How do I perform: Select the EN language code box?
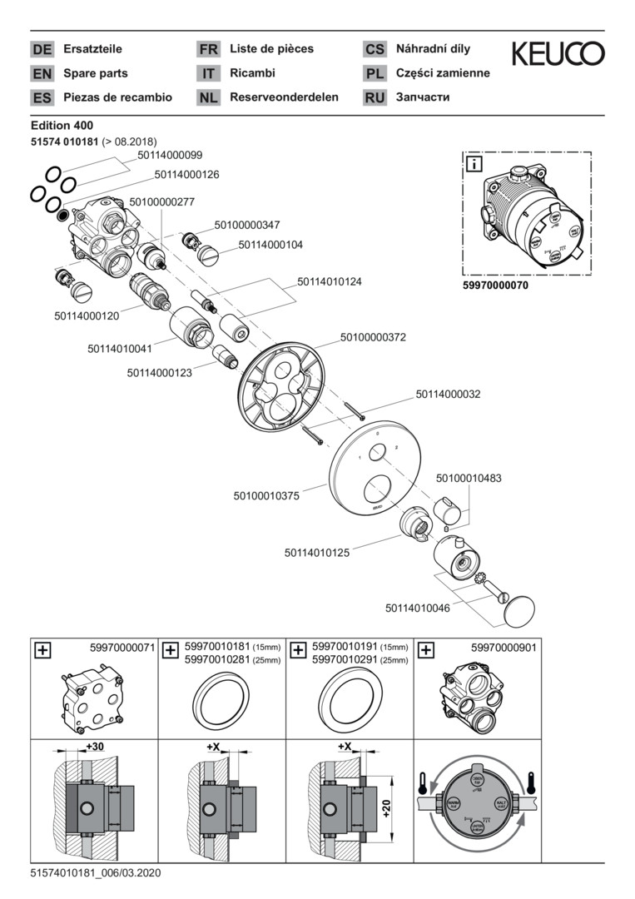coord(42,73)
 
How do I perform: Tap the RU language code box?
coord(375,97)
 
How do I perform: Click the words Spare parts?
coord(96,73)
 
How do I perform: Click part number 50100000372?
coord(372,337)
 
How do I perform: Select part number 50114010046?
coord(417,608)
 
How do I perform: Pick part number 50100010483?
coord(469,479)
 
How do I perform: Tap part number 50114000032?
coord(448,394)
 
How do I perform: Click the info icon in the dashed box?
coord(473,163)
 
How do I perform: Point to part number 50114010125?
coord(317,552)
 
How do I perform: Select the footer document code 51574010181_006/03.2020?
coord(95,873)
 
